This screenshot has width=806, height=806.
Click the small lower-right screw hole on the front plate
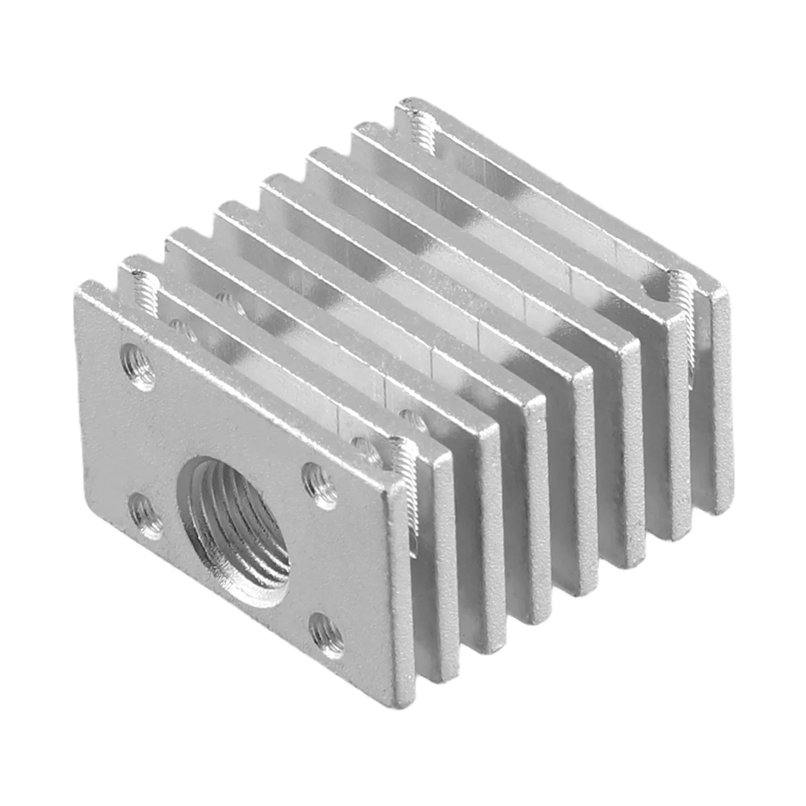(x=327, y=635)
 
